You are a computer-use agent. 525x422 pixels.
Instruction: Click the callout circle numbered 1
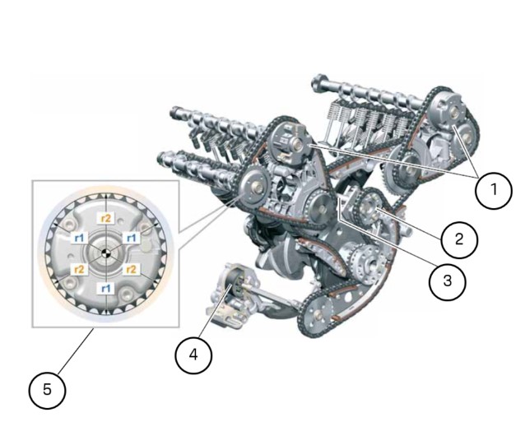point(494,190)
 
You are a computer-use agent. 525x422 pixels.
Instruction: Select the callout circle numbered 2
point(459,239)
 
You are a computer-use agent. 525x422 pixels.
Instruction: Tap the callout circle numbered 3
point(448,281)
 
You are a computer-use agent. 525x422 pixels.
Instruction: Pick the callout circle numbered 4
point(193,355)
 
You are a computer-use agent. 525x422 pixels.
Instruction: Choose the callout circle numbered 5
point(47,390)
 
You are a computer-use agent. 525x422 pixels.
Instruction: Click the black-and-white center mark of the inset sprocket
point(106,253)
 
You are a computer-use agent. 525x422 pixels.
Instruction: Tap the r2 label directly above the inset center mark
point(105,219)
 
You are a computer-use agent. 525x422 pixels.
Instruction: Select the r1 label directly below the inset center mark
point(105,288)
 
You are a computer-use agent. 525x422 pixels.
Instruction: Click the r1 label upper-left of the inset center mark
point(79,239)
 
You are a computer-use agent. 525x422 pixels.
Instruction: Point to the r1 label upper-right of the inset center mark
point(132,238)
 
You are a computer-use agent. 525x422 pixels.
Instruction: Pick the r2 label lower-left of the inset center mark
point(79,269)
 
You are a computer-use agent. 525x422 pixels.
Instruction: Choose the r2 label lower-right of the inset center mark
point(132,269)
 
